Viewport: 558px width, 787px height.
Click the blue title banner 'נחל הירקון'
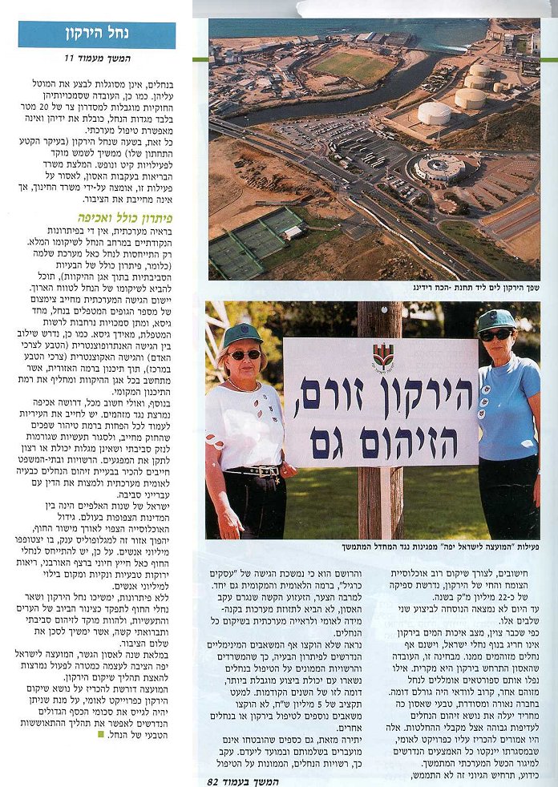97,34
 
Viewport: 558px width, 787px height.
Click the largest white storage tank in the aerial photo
435,113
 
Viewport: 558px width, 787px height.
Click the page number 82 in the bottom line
212,780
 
